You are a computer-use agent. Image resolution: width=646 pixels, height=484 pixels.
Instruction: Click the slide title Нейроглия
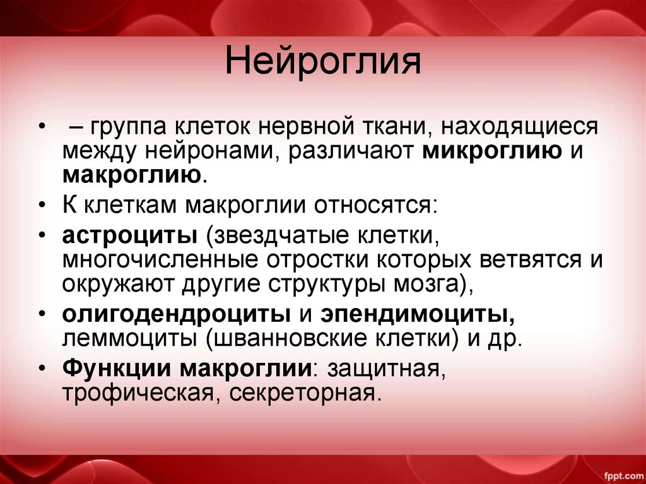[323, 63]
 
